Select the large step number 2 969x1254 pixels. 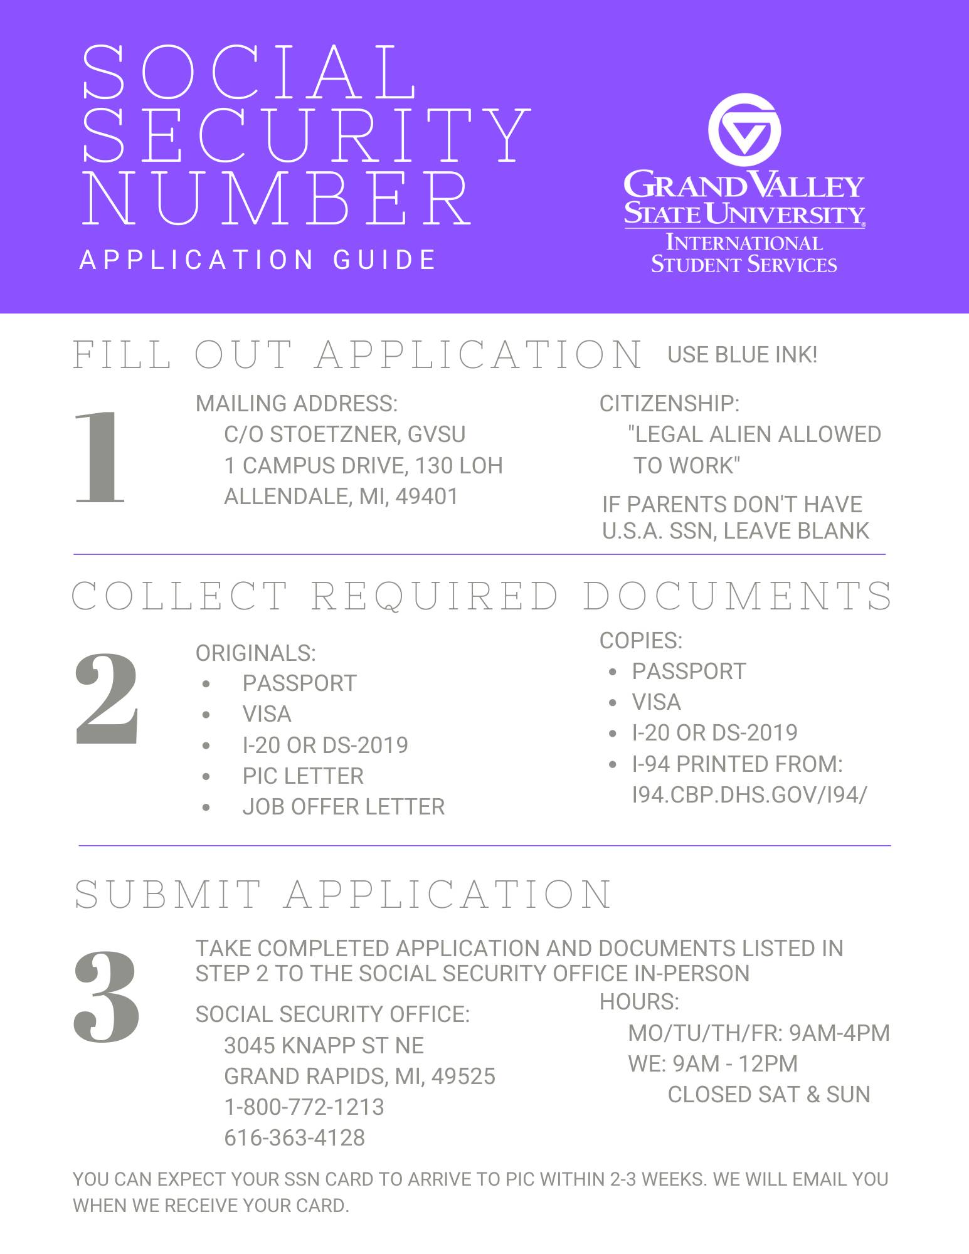click(x=106, y=700)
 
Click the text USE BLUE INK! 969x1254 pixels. click(x=742, y=355)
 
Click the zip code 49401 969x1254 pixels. click(x=427, y=497)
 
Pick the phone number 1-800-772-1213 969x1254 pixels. click(x=304, y=1107)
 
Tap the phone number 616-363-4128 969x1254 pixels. click(x=294, y=1137)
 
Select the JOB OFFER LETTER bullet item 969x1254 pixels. click(x=343, y=806)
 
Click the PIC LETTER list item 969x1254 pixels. click(x=303, y=776)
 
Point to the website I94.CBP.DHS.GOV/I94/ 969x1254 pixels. click(x=749, y=794)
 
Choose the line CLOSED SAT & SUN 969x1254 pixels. click(x=769, y=1094)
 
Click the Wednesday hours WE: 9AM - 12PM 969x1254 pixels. click(x=713, y=1063)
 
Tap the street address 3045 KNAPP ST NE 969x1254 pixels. click(x=324, y=1045)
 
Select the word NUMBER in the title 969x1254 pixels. click(x=277, y=196)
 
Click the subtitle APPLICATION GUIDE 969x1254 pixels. click(x=258, y=260)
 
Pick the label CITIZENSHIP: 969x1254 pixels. click(x=669, y=404)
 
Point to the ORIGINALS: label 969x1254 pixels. click(x=255, y=653)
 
